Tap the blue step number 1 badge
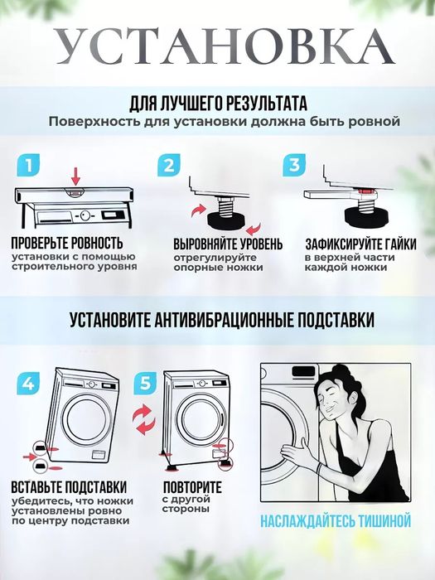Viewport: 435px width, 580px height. pyautogui.click(x=28, y=165)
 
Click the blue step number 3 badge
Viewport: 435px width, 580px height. pyautogui.click(x=294, y=165)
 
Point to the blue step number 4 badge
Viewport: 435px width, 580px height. pyautogui.click(x=28, y=383)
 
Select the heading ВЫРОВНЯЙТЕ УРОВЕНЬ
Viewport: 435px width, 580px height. pyautogui.click(x=228, y=244)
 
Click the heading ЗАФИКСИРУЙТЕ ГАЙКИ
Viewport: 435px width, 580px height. pyautogui.click(x=360, y=244)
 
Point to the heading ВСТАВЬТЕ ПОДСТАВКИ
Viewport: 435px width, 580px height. pyautogui.click(x=69, y=486)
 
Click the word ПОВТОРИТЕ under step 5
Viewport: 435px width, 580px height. pyautogui.click(x=192, y=486)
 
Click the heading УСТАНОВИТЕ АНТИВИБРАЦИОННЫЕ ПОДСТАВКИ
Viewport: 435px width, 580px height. pyautogui.click(x=222, y=320)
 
